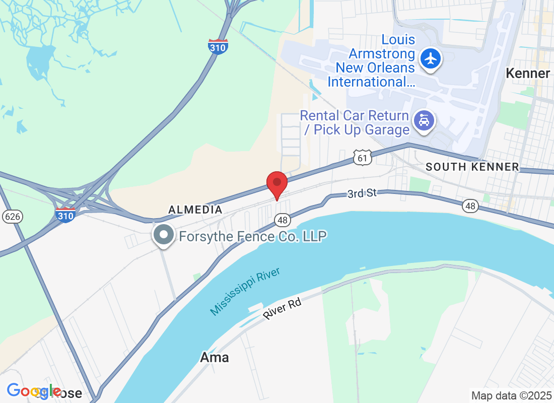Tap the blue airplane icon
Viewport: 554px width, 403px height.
430,58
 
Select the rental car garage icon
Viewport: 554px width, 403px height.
424,121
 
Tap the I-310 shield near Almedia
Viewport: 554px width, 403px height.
65,214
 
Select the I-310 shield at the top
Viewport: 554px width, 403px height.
218,46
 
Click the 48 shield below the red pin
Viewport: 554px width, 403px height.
282,219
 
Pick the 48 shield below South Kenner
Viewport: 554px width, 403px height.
470,206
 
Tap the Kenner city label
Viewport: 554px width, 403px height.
528,74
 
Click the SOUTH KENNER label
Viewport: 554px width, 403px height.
472,167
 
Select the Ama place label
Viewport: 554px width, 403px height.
215,358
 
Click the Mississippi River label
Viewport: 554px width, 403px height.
245,292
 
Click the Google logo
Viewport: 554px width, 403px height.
34,391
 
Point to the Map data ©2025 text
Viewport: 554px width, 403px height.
511,395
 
